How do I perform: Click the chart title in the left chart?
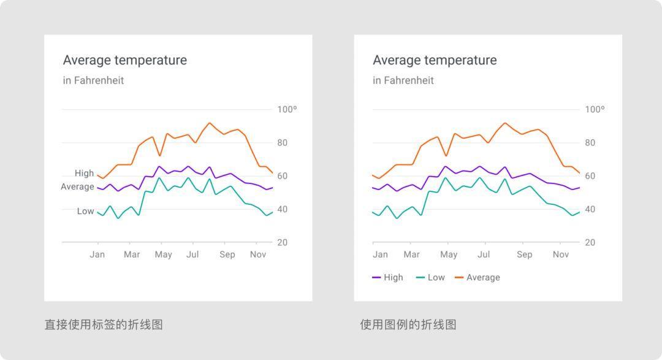[x=125, y=60]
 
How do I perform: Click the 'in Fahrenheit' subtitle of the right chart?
[x=403, y=80]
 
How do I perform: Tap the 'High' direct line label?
[x=85, y=174]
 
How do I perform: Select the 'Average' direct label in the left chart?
[x=77, y=187]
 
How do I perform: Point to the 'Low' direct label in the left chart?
[x=86, y=212]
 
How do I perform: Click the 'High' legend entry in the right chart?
[x=388, y=278]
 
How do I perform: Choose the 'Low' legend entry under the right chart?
[x=431, y=278]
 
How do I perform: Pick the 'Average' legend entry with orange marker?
[x=477, y=278]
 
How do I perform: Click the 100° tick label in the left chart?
[x=287, y=110]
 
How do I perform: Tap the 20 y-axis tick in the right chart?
[x=590, y=243]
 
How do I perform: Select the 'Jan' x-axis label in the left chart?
[x=97, y=255]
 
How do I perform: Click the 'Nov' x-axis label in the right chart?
[x=561, y=255]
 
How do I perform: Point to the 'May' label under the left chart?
[x=163, y=255]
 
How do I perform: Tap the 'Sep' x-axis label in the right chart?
[x=525, y=255]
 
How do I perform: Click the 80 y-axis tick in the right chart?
[x=590, y=143]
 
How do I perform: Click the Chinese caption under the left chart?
[x=104, y=324]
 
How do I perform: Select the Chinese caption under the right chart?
[x=408, y=324]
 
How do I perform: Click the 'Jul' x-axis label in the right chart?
[x=484, y=255]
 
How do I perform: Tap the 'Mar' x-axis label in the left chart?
[x=132, y=255]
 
